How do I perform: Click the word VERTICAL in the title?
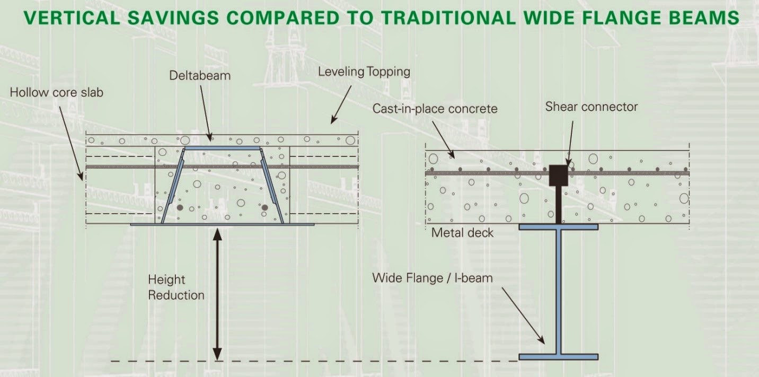click(72, 18)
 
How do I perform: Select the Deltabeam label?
click(200, 75)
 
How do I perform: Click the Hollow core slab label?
click(57, 92)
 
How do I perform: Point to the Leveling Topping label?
click(364, 72)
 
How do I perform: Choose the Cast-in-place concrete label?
click(435, 109)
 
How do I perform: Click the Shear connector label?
click(592, 107)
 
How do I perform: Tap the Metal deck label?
click(462, 233)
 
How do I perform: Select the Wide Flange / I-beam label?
click(433, 278)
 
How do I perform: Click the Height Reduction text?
click(176, 287)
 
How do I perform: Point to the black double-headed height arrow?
click(217, 294)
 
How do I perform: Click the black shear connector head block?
click(559, 176)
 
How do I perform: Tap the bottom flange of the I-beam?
click(559, 357)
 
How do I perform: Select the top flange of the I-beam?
click(559, 227)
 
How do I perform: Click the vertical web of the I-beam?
click(559, 292)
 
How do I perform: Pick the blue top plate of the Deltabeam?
click(222, 148)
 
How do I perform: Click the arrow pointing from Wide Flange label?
click(523, 316)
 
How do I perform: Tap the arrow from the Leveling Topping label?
click(341, 104)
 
